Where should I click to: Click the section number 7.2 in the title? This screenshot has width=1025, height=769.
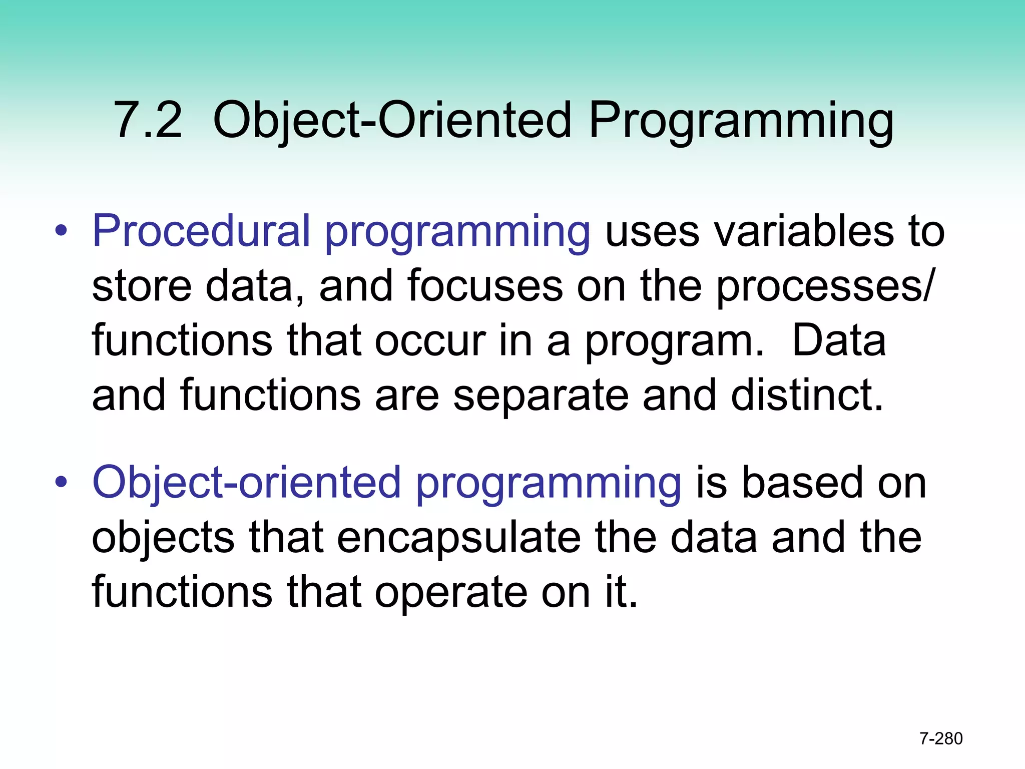[x=148, y=120]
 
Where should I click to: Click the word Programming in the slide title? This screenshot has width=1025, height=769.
[x=741, y=120]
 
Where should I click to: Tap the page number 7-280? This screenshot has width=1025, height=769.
[x=941, y=738]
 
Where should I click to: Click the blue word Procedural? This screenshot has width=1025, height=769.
[x=201, y=231]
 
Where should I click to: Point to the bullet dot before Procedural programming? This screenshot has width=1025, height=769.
[x=61, y=232]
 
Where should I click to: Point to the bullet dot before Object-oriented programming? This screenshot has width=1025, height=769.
[x=61, y=483]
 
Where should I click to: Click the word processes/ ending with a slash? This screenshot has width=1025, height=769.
[x=824, y=286]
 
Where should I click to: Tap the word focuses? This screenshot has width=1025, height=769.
[x=484, y=285]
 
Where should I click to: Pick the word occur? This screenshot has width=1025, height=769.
[x=430, y=341]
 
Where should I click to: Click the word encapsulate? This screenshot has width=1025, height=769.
[x=458, y=538]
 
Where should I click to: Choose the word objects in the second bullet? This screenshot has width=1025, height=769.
[x=163, y=538]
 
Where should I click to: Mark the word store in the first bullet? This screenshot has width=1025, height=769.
[x=142, y=285]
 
